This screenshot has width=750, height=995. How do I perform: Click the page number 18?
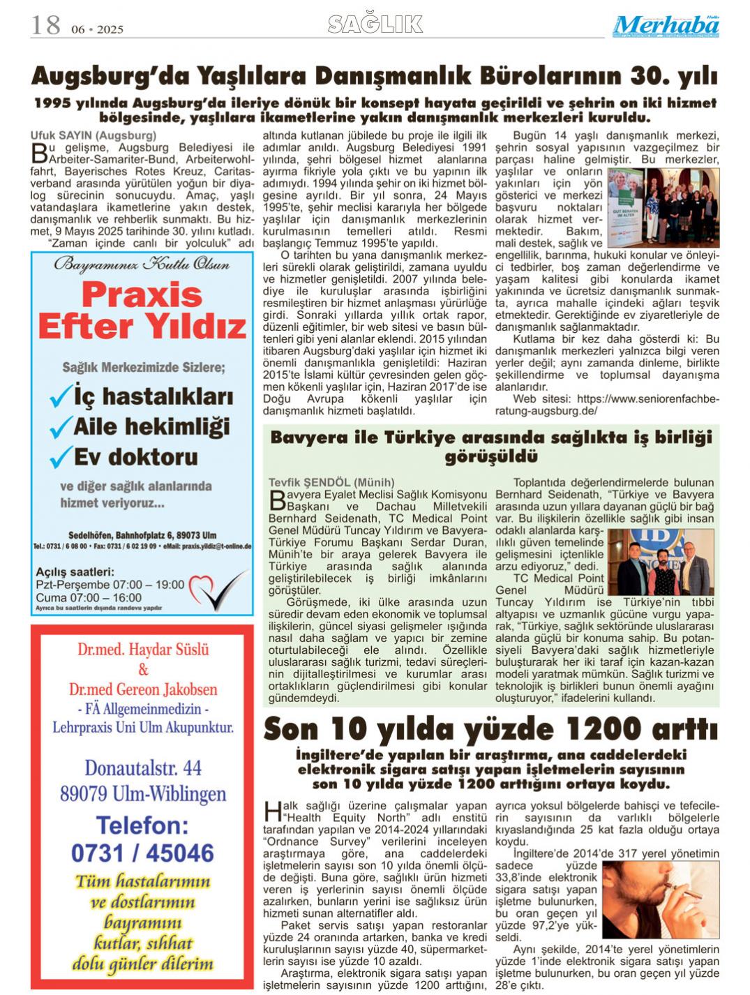point(45,26)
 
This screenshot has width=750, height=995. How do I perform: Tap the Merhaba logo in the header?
point(666,27)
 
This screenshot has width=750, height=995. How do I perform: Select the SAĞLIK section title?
point(375,24)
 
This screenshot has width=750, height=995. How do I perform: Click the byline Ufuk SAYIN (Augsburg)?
point(93,135)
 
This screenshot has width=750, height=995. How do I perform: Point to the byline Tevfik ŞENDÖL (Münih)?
point(331,482)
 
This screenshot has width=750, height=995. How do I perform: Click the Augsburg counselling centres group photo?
point(663,207)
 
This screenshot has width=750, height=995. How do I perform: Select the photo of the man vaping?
point(660,899)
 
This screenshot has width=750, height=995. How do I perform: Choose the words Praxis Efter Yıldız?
point(142,311)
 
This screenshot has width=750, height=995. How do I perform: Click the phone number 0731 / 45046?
point(142,853)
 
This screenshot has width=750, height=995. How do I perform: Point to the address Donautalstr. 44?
point(143,768)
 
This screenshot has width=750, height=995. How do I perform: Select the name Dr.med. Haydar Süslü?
point(143,650)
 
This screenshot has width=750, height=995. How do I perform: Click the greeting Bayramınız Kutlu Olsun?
point(142,264)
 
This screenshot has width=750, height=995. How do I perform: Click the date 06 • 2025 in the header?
point(97,29)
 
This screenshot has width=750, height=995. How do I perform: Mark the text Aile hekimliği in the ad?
point(151,426)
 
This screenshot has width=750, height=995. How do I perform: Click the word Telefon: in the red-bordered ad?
point(142,825)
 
